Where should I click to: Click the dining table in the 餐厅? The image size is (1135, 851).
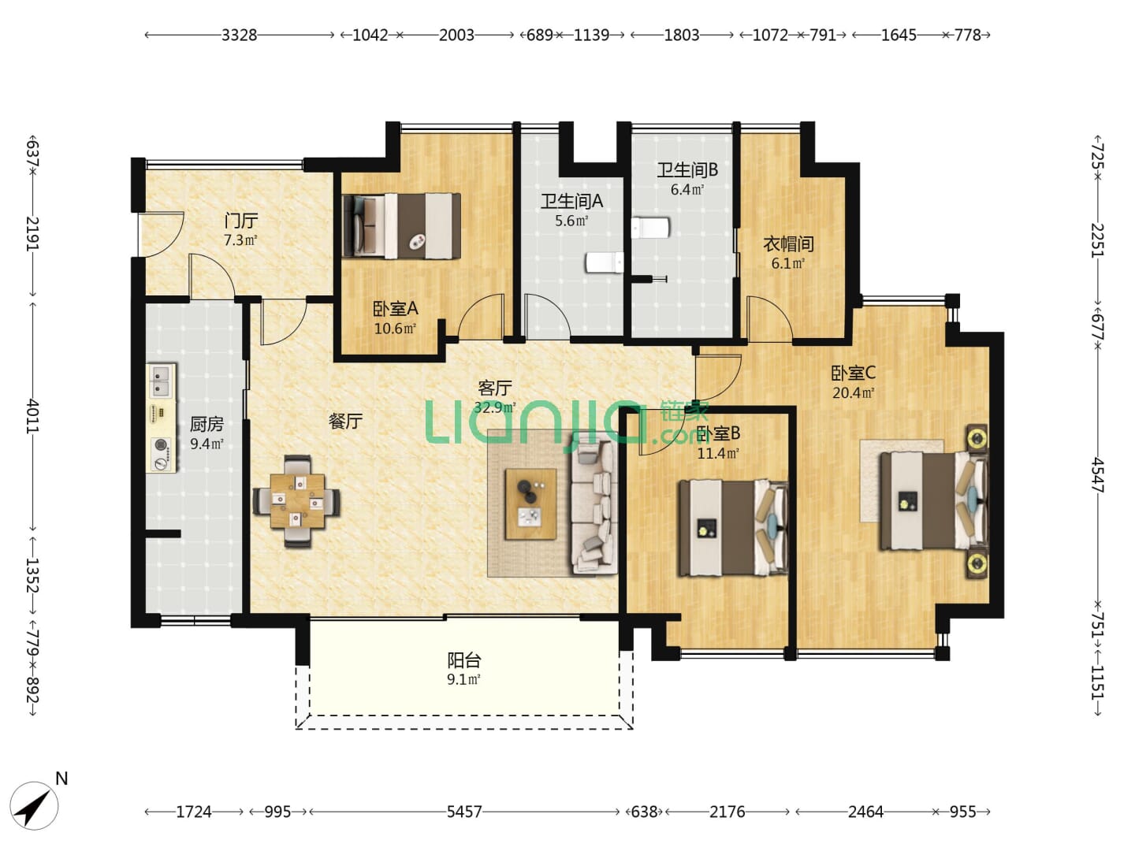pos(297,500)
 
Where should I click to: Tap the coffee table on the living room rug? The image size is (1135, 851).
pos(530,504)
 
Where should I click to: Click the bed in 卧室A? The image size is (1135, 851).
pos(401,226)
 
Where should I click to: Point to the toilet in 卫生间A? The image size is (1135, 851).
pos(605,262)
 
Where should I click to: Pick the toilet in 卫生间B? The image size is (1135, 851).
pos(650,228)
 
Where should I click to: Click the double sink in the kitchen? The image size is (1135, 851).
pos(162,381)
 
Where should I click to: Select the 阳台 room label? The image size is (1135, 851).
pos(463,660)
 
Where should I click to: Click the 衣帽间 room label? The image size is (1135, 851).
pos(788,243)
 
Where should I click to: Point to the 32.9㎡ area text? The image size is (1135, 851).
pos(495,407)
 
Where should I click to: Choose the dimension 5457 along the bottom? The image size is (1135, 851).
pos(463,812)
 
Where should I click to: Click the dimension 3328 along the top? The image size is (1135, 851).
pos(239,35)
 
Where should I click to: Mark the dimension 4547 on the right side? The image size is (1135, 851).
pos(1097,475)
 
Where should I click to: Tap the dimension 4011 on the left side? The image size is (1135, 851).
pos(33,415)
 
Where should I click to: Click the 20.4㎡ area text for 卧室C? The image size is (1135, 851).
pos(853,392)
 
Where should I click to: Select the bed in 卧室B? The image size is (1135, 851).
pos(733,528)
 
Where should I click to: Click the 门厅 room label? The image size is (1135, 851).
pos(241,221)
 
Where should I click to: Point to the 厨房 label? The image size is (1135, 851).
pos(207,424)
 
